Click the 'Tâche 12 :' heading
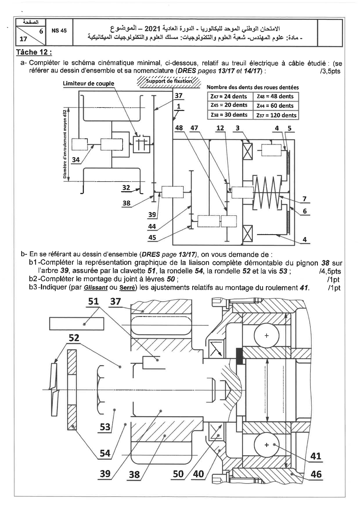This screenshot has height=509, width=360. click(34, 52)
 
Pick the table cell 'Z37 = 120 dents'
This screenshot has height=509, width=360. click(276, 115)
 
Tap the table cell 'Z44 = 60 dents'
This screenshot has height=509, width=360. click(276, 105)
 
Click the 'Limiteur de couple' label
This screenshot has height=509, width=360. click(89, 84)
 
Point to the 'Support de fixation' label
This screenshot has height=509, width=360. click(169, 81)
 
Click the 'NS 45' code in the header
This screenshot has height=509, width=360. click(59, 31)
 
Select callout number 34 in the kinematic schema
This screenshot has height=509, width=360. click(76, 159)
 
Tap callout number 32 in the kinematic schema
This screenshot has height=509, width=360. click(126, 187)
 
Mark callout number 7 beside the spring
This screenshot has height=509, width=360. click(305, 199)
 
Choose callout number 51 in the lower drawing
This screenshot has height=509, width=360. click(93, 301)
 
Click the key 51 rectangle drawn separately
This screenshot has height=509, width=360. click(77, 323)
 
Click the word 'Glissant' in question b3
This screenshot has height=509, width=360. click(96, 288)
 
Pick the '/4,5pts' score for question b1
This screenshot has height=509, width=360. click(330, 271)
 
